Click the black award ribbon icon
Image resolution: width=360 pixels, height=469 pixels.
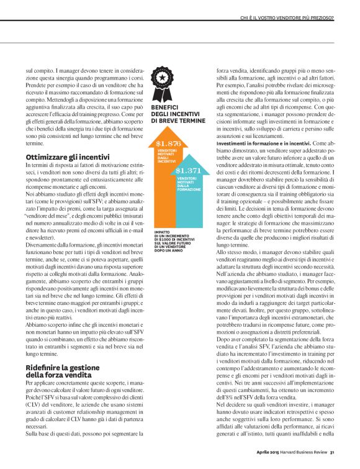162,83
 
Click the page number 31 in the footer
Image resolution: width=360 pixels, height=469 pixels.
332,452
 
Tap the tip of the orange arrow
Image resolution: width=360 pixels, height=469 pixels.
163,130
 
